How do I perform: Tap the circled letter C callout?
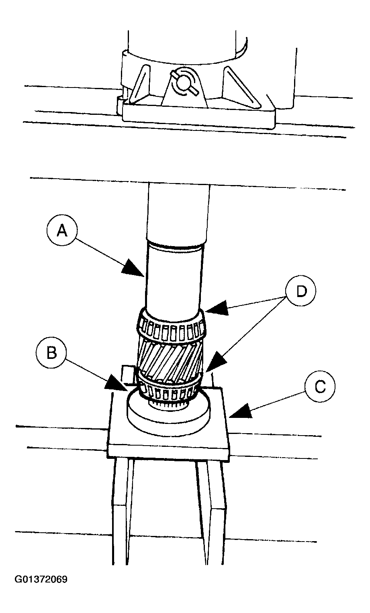pyautogui.click(x=319, y=387)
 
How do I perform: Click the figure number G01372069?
pyautogui.click(x=41, y=580)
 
